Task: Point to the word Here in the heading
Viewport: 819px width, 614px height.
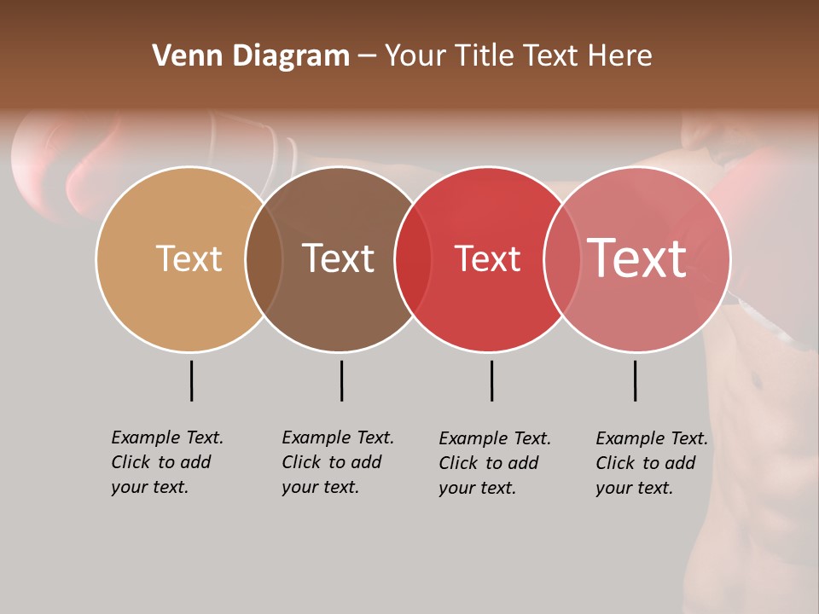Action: click(x=621, y=56)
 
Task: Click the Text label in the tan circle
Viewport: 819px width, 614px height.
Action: click(x=189, y=258)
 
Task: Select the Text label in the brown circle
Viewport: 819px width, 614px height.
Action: click(x=339, y=258)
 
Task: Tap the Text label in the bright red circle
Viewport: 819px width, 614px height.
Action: click(x=487, y=259)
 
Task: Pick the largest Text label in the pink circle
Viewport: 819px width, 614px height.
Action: click(x=637, y=258)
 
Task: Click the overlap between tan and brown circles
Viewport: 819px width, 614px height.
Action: click(x=264, y=259)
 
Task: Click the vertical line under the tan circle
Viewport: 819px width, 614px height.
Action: click(x=191, y=380)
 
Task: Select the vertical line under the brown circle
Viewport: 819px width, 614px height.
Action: click(x=341, y=380)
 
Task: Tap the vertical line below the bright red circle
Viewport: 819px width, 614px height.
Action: click(x=491, y=380)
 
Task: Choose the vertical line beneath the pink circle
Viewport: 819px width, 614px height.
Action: click(x=635, y=380)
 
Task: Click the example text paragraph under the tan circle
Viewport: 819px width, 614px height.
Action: click(x=166, y=462)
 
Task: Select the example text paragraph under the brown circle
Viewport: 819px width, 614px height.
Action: click(x=337, y=462)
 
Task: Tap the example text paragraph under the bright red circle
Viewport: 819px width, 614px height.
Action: click(x=494, y=463)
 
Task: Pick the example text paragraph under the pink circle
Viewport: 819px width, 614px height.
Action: click(x=651, y=463)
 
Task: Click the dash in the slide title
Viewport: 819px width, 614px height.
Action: click(x=367, y=57)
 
